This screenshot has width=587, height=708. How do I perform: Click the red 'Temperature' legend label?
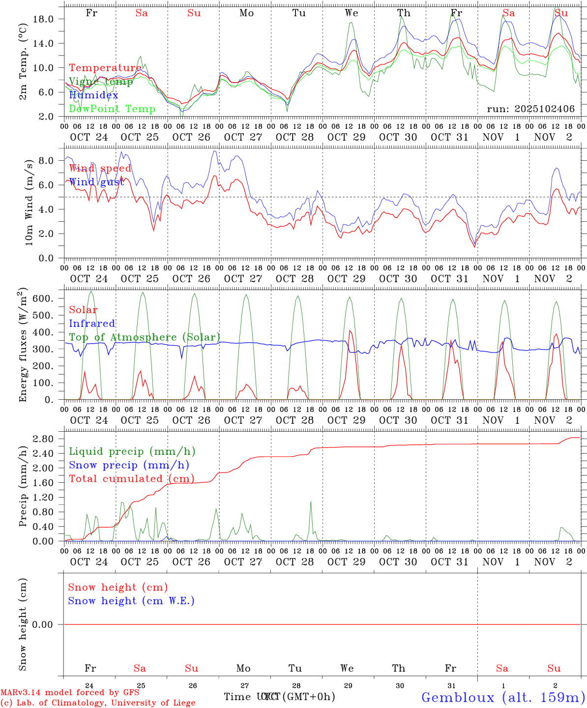point(105,68)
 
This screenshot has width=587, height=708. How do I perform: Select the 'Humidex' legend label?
point(93,95)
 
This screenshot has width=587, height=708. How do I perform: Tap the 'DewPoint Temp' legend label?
point(112,109)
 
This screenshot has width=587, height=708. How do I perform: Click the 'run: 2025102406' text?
point(530,109)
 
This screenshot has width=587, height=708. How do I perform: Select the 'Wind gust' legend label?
point(96,182)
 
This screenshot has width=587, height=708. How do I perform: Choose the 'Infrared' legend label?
point(92,324)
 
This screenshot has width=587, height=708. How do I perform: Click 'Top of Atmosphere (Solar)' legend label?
point(144,337)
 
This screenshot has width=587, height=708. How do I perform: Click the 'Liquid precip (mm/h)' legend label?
point(132,451)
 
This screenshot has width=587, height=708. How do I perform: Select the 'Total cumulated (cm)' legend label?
point(131,478)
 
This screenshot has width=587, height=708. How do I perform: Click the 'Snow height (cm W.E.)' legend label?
point(131,601)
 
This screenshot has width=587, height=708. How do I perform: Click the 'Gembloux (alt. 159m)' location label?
point(503,697)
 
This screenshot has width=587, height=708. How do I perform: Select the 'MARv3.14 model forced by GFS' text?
point(69,692)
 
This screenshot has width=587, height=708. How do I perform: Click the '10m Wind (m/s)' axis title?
point(29,202)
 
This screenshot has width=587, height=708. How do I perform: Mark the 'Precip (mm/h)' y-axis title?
point(23,492)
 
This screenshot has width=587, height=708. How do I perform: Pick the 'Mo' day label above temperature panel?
point(246,13)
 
